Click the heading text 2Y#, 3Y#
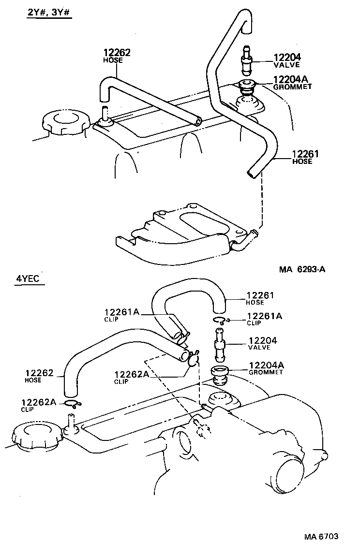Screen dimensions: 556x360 point(49,13)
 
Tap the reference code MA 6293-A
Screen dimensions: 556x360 point(301,269)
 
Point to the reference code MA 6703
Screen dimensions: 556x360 point(321,537)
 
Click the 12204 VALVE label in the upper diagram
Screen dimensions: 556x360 point(287,60)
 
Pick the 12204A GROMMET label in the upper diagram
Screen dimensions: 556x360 point(292,83)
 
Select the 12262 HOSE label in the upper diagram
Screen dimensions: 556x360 point(117,56)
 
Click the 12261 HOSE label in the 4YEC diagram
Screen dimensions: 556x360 point(260,298)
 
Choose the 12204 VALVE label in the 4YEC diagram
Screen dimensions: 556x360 point(262,344)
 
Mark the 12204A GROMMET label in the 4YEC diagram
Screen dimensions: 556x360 point(266,368)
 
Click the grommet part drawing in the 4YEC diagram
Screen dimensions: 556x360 point(221,375)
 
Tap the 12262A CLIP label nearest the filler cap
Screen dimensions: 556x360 point(38,404)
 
